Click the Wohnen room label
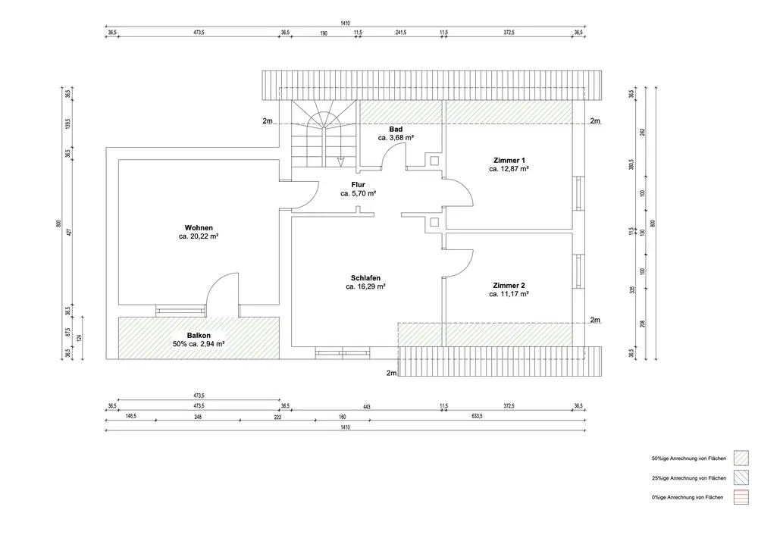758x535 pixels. [198, 228]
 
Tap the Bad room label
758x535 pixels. [396, 130]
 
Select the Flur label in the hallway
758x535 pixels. [359, 185]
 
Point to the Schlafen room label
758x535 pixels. [366, 278]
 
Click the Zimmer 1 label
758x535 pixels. [509, 161]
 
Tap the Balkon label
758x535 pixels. [199, 334]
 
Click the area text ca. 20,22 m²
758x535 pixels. [199, 237]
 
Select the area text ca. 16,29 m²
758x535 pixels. [366, 287]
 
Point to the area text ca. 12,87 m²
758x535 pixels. [509, 170]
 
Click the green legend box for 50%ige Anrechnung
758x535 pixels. [741, 458]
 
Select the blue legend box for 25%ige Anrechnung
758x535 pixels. [741, 478]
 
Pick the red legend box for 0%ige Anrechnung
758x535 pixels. [741, 497]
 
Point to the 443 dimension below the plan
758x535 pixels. [366, 406]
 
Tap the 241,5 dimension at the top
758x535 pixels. [401, 33]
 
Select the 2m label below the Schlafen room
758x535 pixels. [391, 373]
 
